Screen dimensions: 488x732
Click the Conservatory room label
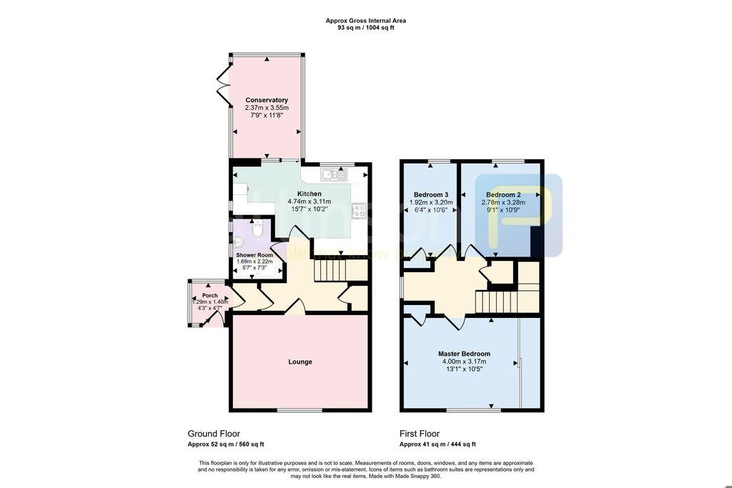(x=267, y=100)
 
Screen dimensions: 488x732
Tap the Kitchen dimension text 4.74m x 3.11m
(x=310, y=201)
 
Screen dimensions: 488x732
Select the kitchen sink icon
(x=333, y=173)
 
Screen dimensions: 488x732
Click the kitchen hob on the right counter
(x=359, y=210)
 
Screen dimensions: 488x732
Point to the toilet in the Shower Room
(x=258, y=228)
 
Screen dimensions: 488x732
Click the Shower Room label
(x=255, y=255)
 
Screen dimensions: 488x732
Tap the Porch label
(x=209, y=295)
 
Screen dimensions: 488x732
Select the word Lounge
(x=300, y=362)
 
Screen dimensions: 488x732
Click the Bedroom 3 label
(x=431, y=194)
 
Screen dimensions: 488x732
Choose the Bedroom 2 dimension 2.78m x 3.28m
(x=503, y=202)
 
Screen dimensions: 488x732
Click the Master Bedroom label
(x=464, y=354)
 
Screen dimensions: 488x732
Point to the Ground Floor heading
(x=214, y=434)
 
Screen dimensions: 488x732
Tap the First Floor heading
(x=420, y=434)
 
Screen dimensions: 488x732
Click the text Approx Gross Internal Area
(x=366, y=21)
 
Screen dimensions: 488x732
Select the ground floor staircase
(x=331, y=271)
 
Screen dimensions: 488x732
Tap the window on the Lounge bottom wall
(x=300, y=409)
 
